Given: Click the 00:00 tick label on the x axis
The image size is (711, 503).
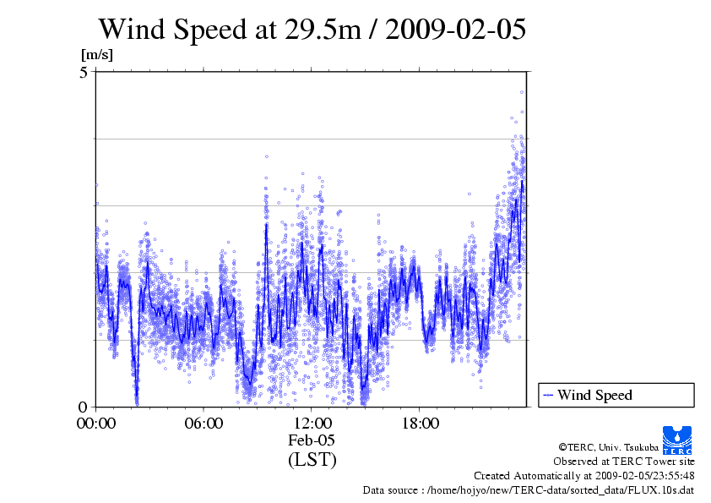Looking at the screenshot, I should tap(95, 424).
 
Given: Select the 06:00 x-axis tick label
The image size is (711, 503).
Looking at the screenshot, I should tap(204, 424).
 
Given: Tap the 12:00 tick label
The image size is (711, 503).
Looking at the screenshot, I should tap(312, 424).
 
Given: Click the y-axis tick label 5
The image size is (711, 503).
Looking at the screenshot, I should tap(84, 73).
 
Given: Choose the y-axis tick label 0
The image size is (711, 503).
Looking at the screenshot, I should tap(84, 407).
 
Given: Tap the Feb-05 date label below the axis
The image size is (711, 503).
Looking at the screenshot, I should tap(312, 441).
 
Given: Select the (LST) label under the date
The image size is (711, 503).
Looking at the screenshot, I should tap(312, 460).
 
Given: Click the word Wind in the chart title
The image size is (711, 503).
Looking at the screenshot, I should tap(135, 29).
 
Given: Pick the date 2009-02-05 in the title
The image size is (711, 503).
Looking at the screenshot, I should tap(457, 29).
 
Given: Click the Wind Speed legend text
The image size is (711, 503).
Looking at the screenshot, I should tap(594, 395).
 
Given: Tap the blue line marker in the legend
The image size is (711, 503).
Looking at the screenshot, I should tap(548, 395).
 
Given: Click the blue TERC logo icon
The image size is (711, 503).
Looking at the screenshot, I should tap(678, 439).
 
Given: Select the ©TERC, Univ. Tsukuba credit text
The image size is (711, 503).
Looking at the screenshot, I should tap(627, 446).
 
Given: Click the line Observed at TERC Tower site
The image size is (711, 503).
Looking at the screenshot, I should tap(624, 462).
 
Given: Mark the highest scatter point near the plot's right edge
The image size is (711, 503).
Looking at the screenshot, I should tap(522, 92).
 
